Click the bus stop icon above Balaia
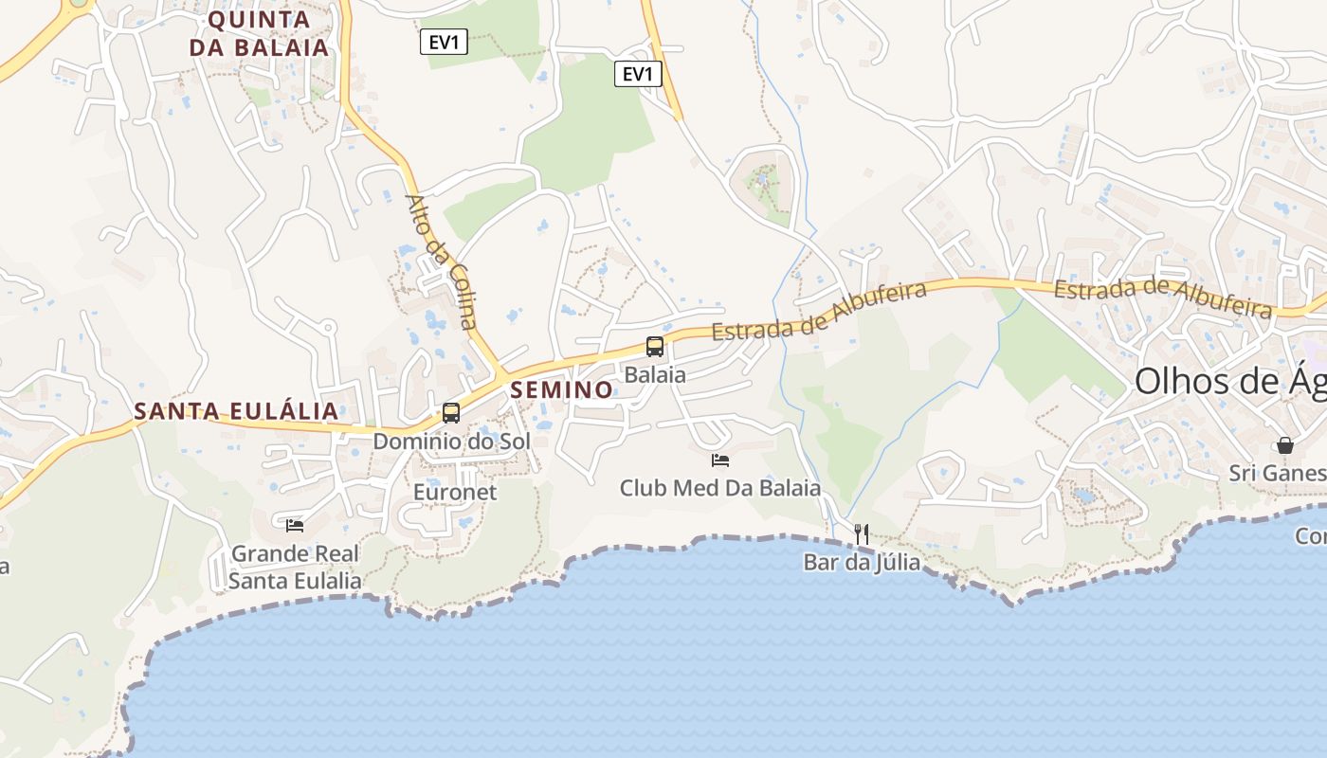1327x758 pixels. click(655, 347)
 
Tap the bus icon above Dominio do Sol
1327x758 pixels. click(451, 413)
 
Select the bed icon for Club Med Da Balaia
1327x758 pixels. click(720, 460)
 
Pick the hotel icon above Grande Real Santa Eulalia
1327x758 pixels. click(295, 525)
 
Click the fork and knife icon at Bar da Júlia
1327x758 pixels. click(862, 533)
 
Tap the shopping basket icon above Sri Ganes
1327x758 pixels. click(1285, 444)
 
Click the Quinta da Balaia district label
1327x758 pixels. click(259, 33)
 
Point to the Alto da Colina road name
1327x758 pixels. click(442, 262)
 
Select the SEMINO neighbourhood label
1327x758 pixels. click(562, 389)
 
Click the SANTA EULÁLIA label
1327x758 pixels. click(236, 411)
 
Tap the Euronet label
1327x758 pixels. click(455, 492)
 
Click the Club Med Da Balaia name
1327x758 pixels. click(720, 489)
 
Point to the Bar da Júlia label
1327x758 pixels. click(862, 562)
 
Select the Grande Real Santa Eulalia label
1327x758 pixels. click(296, 567)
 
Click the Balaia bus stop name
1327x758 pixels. click(655, 374)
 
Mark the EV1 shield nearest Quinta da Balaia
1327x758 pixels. click(445, 42)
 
